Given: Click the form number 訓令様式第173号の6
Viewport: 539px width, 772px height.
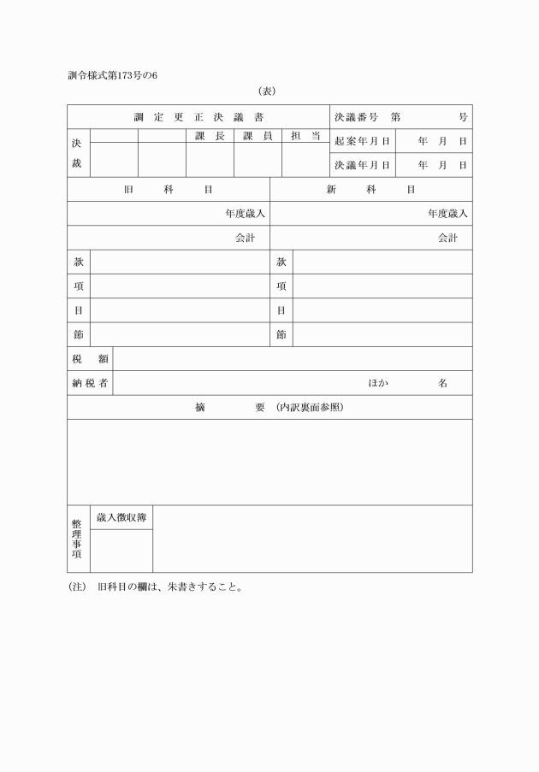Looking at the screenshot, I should pyautogui.click(x=112, y=75).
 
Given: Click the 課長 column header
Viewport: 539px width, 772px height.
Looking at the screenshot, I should pyautogui.click(x=210, y=135).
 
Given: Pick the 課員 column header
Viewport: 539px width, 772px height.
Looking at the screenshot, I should pyautogui.click(x=258, y=135).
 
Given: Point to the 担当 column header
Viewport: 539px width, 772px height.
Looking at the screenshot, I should pyautogui.click(x=305, y=135).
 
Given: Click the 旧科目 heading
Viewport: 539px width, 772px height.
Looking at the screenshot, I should pyautogui.click(x=169, y=189).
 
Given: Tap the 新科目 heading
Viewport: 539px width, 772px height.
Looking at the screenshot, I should pyautogui.click(x=370, y=189).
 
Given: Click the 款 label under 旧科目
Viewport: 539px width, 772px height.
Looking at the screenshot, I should pyautogui.click(x=78, y=262).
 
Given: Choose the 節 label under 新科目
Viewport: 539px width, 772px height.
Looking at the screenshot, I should pyautogui.click(x=281, y=334).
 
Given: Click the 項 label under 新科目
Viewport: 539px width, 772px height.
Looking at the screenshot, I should pyautogui.click(x=281, y=286).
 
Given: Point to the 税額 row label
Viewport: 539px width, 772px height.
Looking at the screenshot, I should pyautogui.click(x=90, y=359).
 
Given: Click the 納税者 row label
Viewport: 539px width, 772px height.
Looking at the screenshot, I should pyautogui.click(x=90, y=383).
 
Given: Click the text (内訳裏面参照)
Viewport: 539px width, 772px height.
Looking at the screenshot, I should pyautogui.click(x=310, y=408).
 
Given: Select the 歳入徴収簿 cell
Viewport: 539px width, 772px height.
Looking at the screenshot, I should pyautogui.click(x=121, y=517).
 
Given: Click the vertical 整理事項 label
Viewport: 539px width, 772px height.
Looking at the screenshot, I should pyautogui.click(x=77, y=539).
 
